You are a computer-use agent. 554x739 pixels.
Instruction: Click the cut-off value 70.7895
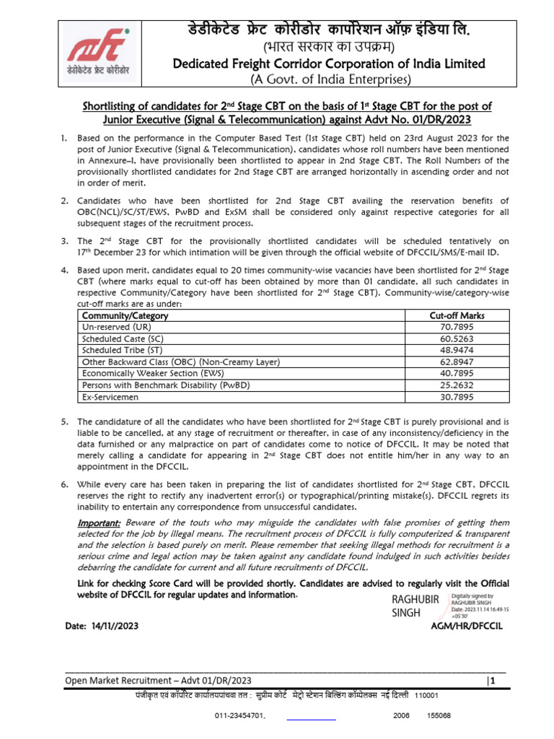pos(457,327)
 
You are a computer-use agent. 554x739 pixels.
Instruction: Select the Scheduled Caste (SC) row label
pos(118,338)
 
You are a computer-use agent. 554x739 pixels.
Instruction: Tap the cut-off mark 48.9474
pos(457,350)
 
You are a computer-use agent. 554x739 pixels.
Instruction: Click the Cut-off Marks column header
pos(457,315)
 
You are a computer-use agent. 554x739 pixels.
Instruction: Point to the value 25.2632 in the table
pos(457,385)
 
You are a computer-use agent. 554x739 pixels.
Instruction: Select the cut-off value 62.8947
pos(457,362)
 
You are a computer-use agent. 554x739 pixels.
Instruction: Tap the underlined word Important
pos(99,522)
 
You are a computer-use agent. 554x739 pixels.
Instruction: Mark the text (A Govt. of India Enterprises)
pos(330,79)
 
